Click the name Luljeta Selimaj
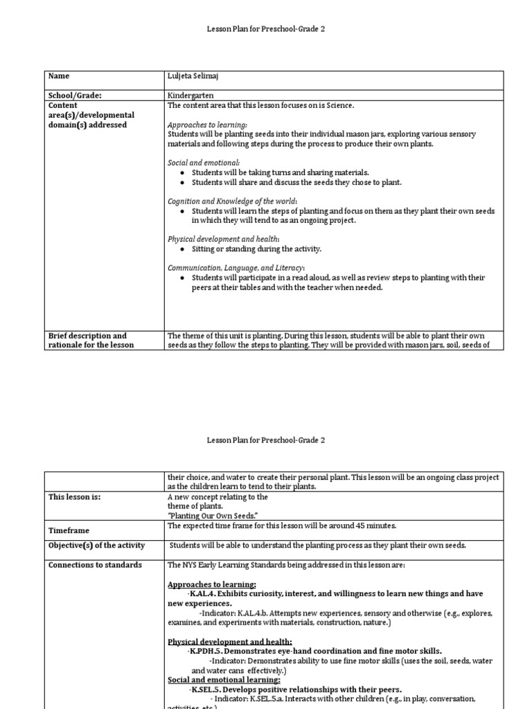click(196, 76)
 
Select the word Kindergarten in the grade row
click(190, 95)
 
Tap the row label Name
click(58, 76)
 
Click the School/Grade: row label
click(80, 95)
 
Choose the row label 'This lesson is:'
click(74, 497)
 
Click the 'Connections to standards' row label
click(95, 565)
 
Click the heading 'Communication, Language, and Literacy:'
click(236, 268)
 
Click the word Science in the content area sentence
click(339, 105)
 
